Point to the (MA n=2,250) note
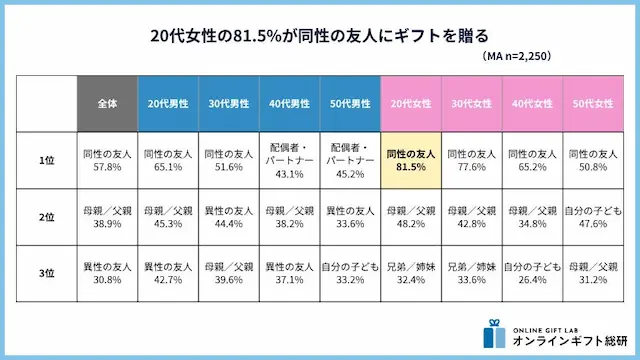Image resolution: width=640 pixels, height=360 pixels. pyautogui.click(x=515, y=57)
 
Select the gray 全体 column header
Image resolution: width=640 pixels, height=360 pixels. pyautogui.click(x=109, y=103)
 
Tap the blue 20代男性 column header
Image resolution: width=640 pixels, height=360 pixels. pyautogui.click(x=169, y=103)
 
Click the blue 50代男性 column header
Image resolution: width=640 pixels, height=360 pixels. pyautogui.click(x=350, y=103)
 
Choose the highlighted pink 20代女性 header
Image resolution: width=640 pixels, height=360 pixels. pyautogui.click(x=410, y=103)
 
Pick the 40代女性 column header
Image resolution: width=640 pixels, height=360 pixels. pyautogui.click(x=531, y=103)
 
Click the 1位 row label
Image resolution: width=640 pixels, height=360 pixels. pyautogui.click(x=48, y=161)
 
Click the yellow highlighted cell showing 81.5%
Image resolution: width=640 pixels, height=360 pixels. pyautogui.click(x=410, y=161)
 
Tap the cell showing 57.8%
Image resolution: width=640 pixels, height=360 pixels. pyautogui.click(x=109, y=161)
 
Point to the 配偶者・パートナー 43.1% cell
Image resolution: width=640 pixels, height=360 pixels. pyautogui.click(x=289, y=161)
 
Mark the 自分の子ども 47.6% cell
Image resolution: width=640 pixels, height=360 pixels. pyautogui.click(x=591, y=218)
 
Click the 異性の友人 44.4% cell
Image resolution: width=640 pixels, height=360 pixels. pyautogui.click(x=229, y=218)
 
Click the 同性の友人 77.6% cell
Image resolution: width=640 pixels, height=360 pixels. pyautogui.click(x=471, y=161)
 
